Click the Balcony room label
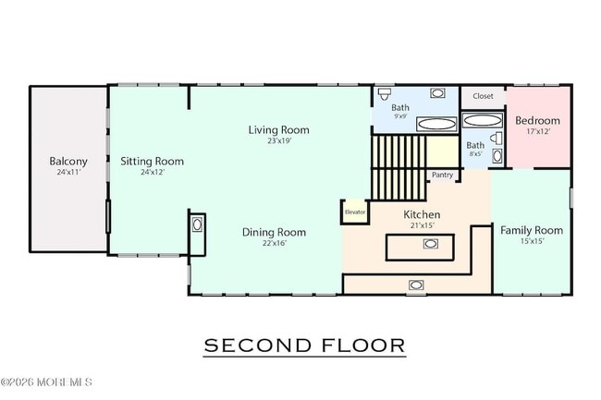68,161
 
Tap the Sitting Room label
153,161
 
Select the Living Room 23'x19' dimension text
279,140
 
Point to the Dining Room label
274,233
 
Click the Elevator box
355,212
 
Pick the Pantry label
442,175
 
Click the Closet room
483,97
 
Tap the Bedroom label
537,121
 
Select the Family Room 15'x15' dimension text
533,241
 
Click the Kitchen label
422,214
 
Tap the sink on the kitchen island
431,244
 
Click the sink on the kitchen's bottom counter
416,285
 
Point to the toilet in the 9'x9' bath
384,93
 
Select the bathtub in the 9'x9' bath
436,124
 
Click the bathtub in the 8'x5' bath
482,121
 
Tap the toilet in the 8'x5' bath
497,139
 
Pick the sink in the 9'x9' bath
437,93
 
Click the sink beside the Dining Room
197,224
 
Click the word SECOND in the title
257,345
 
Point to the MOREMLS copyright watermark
46,382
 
